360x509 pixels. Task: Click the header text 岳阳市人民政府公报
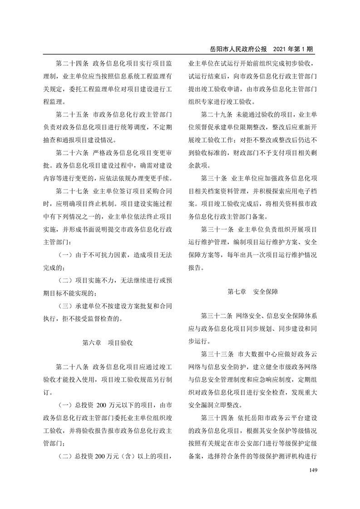click(x=237, y=49)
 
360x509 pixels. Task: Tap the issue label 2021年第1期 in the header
click(x=294, y=49)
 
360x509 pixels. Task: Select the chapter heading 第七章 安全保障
click(x=253, y=292)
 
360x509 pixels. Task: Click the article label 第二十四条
click(x=72, y=63)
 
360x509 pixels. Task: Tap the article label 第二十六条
click(x=72, y=151)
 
